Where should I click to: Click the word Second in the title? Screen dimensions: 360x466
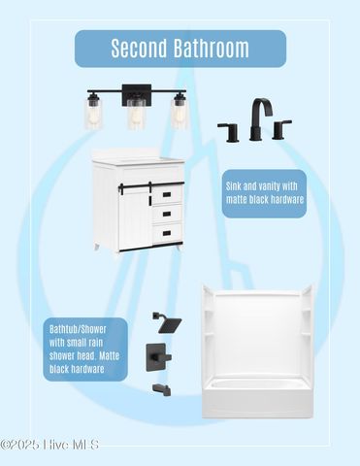(x=139, y=49)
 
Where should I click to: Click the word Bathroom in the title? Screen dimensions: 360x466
(x=211, y=49)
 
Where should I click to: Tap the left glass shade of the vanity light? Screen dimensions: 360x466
(x=94, y=113)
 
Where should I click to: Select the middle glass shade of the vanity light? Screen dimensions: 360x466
(x=136, y=114)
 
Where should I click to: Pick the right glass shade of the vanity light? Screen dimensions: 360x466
(x=179, y=113)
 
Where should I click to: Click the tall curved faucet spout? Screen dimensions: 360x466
(x=261, y=119)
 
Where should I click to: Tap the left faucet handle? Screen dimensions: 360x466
(x=230, y=132)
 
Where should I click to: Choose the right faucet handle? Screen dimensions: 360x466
(x=281, y=129)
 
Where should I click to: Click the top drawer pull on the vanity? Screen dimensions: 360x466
(x=167, y=194)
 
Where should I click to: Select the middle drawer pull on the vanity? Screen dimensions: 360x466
(x=167, y=214)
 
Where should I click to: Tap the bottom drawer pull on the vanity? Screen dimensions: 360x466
(x=167, y=233)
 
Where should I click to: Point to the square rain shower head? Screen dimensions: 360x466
(x=167, y=322)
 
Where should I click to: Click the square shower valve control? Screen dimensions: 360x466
(x=158, y=357)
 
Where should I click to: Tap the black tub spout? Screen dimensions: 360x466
(x=162, y=389)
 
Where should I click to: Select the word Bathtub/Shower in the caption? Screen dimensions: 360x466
(x=78, y=329)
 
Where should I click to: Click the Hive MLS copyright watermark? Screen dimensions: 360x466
(x=49, y=445)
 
